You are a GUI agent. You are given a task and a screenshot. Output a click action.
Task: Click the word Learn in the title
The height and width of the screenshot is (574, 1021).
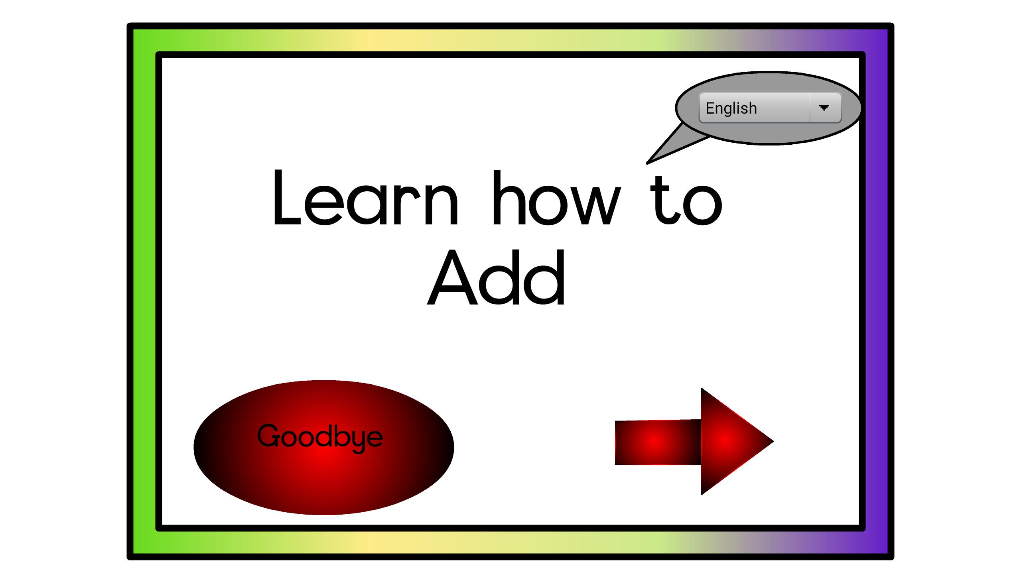point(366,197)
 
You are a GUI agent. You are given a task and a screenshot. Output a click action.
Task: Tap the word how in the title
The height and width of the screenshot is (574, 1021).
point(557,197)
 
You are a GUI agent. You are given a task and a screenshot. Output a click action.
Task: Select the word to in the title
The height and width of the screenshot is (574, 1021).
point(686,199)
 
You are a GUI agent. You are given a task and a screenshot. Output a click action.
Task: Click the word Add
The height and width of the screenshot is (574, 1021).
point(496,277)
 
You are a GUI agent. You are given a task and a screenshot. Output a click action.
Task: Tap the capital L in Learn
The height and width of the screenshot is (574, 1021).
point(286,197)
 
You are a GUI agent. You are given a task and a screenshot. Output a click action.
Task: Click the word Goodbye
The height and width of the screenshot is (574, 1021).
point(320,438)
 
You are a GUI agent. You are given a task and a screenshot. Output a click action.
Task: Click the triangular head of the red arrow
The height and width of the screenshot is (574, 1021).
point(730,441)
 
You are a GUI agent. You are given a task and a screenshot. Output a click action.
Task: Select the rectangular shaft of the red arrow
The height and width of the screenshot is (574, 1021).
point(658,442)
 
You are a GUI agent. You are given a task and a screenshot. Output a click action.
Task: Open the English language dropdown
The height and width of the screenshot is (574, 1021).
point(770,108)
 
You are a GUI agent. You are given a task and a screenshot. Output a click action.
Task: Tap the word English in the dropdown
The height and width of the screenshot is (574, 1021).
point(731,108)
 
